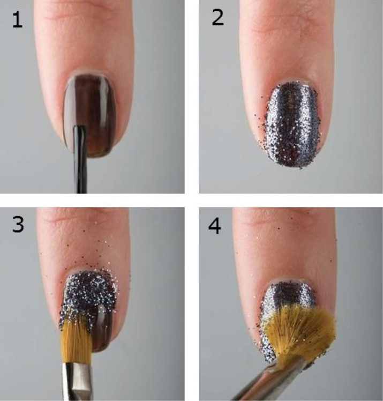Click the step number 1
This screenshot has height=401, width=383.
tap(17, 20)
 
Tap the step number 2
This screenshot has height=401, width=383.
tap(217, 17)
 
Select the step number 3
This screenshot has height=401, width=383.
tap(18, 224)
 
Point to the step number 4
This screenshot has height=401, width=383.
tap(214, 226)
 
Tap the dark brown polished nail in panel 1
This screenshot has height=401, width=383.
tap(89, 115)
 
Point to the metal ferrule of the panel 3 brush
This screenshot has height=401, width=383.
tap(77, 381)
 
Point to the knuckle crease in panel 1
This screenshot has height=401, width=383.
tap(82, 16)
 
